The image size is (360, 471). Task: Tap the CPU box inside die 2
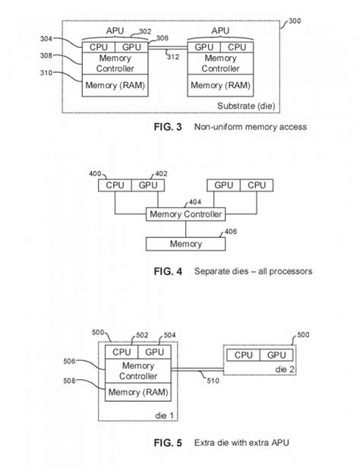coord(244,355)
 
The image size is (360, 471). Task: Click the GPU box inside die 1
coord(154,352)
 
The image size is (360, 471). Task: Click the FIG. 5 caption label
coord(168,440)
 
